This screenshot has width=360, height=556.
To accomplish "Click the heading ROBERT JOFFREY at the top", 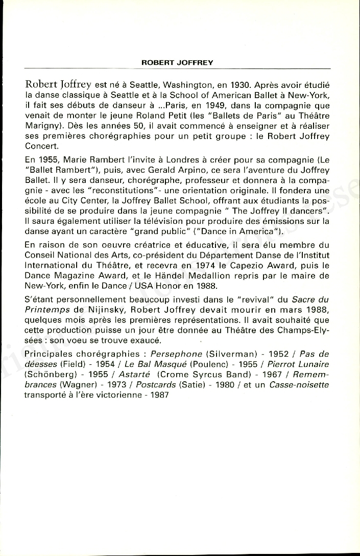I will click(177, 63).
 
